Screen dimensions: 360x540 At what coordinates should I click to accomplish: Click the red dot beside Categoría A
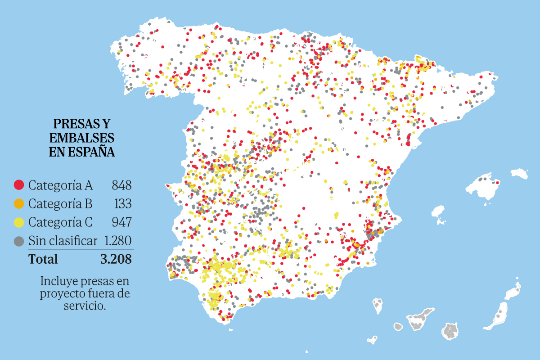(19, 185)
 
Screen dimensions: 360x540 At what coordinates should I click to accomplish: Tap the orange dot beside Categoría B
(19, 204)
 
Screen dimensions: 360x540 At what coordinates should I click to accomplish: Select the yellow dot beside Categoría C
(19, 222)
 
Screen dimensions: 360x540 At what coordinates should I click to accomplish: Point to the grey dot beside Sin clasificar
(19, 241)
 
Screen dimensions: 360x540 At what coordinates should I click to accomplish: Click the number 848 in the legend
(121, 185)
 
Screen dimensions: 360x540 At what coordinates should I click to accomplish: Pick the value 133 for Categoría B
(122, 204)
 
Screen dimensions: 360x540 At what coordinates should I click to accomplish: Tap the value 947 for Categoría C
(121, 222)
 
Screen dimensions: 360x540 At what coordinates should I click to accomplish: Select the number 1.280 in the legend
(117, 241)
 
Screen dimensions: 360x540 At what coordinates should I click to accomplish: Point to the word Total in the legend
(43, 259)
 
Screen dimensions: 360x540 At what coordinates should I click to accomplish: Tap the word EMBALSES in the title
(82, 138)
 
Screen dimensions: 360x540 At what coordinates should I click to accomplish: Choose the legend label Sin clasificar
(63, 241)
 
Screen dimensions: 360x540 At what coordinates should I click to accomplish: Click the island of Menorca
(519, 173)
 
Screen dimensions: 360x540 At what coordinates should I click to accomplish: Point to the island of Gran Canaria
(450, 332)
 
